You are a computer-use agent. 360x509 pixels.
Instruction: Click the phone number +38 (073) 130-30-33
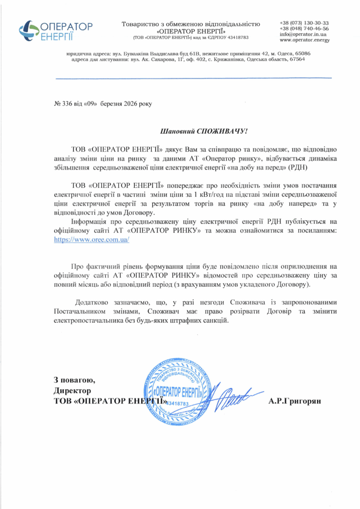click(304, 23)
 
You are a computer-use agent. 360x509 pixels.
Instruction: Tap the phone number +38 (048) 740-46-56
click(304, 29)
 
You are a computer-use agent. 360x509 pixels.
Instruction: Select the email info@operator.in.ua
click(303, 34)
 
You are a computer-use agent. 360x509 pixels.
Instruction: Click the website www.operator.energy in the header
click(304, 40)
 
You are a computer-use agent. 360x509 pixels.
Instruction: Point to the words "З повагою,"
click(75, 380)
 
